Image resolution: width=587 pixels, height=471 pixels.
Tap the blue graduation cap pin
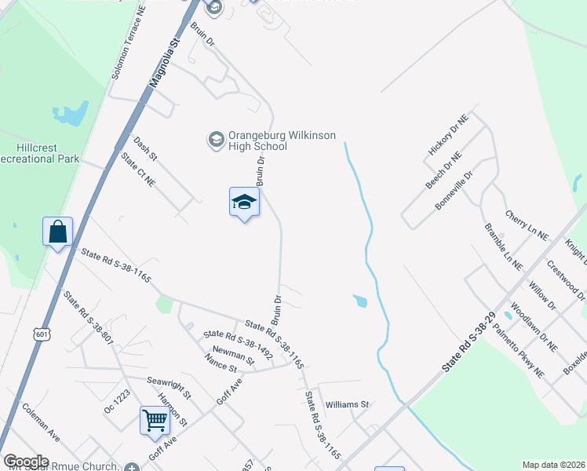tap(244, 203)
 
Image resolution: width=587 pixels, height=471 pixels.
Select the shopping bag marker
tap(58, 232)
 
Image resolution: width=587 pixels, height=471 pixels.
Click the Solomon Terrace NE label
tap(129, 42)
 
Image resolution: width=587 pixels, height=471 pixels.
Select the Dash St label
tap(146, 148)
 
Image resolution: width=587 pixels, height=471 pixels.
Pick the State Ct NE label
tap(138, 168)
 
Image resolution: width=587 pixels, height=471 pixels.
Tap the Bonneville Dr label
tap(454, 192)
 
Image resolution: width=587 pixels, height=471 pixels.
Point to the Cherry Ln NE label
tap(526, 225)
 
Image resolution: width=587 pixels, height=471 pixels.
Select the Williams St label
tap(347, 404)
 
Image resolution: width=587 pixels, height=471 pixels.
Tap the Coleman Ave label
tap(41, 422)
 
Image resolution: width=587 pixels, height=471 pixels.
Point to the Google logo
tap(27, 462)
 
